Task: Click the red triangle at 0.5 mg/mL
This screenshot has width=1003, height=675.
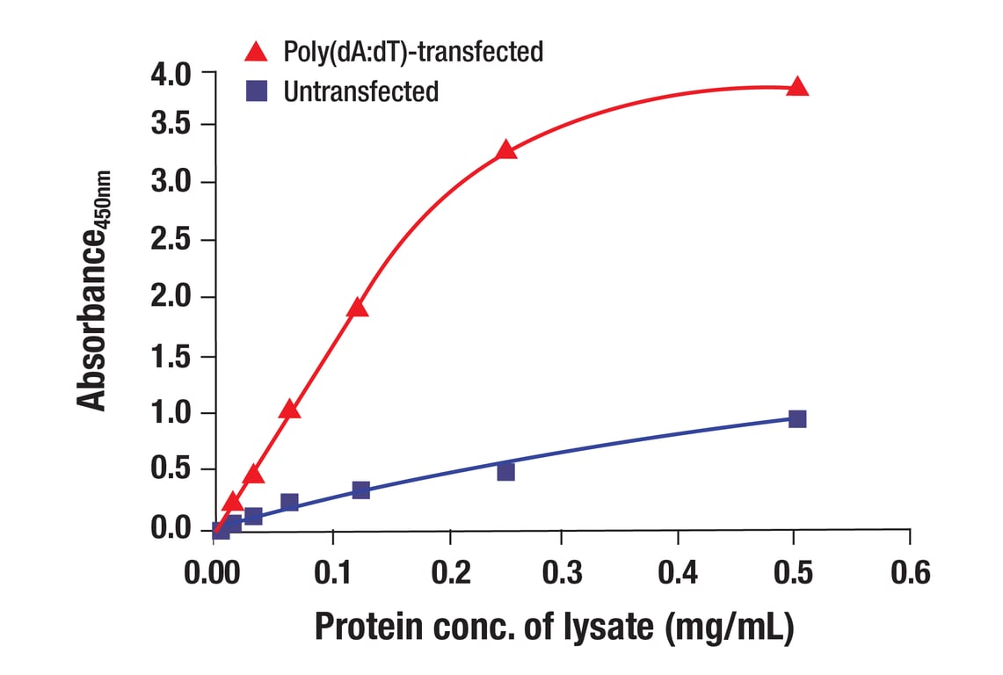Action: [797, 86]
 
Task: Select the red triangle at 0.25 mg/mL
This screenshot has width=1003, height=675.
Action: [505, 149]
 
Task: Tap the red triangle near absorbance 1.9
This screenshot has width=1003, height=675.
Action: [357, 308]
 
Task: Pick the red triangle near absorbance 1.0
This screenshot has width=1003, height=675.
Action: [289, 410]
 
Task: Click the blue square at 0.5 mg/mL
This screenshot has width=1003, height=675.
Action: [797, 418]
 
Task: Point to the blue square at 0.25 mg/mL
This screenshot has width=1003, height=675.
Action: [505, 471]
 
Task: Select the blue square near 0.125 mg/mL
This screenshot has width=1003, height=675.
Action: [360, 490]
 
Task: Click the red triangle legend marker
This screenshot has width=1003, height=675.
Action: [256, 52]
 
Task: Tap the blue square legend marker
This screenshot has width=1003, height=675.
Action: [256, 91]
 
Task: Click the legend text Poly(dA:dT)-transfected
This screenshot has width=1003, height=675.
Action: [413, 52]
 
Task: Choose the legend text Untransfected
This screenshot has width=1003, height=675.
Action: [360, 91]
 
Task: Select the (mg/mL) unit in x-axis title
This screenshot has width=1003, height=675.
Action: [729, 628]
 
